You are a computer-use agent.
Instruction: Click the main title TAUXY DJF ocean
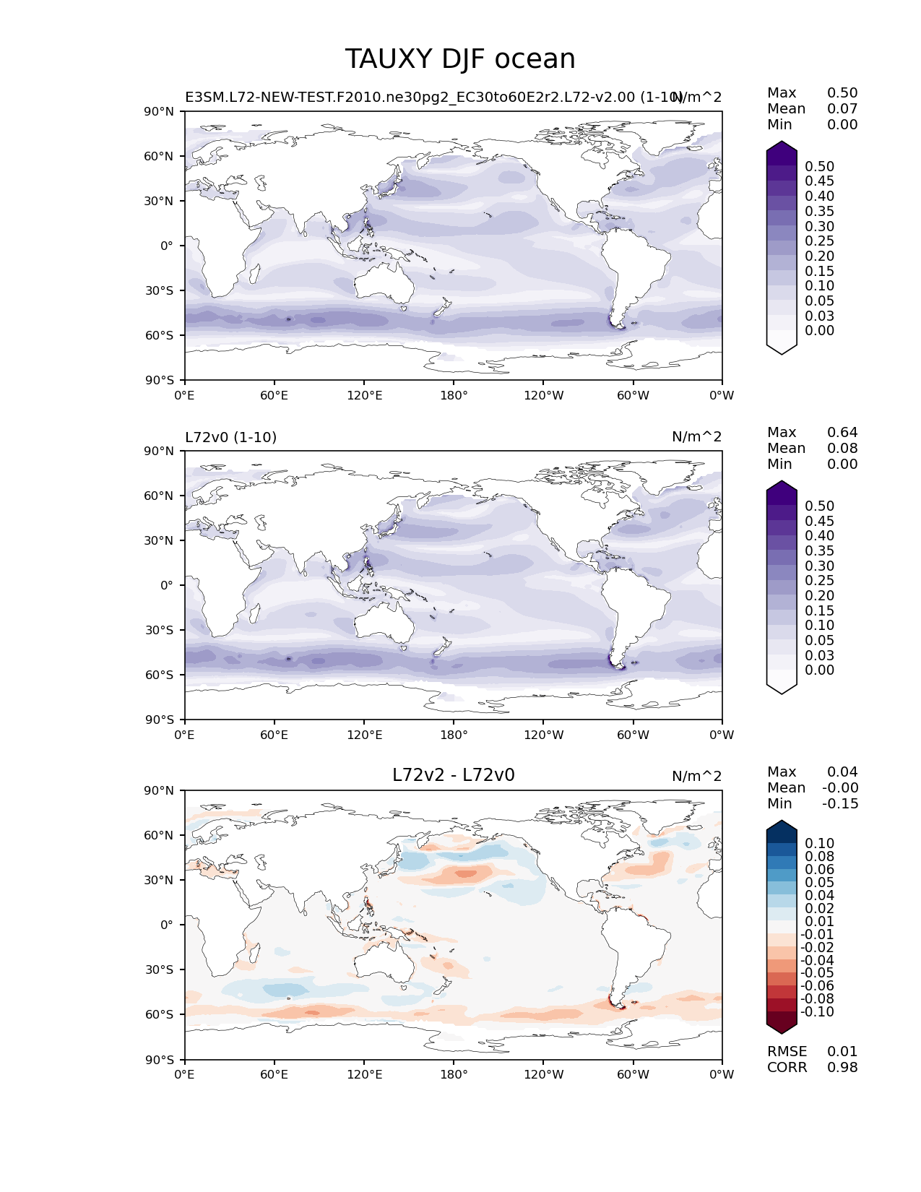(460, 59)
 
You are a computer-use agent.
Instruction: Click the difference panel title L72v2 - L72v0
(453, 775)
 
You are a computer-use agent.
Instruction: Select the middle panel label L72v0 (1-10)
(230, 437)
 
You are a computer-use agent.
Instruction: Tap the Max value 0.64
(842, 433)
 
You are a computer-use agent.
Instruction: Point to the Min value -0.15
(840, 804)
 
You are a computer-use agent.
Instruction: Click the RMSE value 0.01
(842, 1052)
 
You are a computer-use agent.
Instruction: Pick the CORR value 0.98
(842, 1068)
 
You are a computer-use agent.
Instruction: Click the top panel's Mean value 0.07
(842, 109)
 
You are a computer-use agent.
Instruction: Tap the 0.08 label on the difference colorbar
(819, 857)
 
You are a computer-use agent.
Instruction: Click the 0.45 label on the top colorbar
(819, 181)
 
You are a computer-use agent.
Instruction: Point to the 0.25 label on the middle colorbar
(819, 581)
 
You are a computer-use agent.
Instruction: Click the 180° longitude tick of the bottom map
(454, 1074)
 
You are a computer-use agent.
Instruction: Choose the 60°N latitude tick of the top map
(160, 156)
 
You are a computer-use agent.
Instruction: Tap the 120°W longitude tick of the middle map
(543, 735)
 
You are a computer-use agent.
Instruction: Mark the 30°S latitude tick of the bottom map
(160, 969)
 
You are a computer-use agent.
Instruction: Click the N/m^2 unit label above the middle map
(696, 437)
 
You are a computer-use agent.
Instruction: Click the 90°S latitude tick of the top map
(160, 380)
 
